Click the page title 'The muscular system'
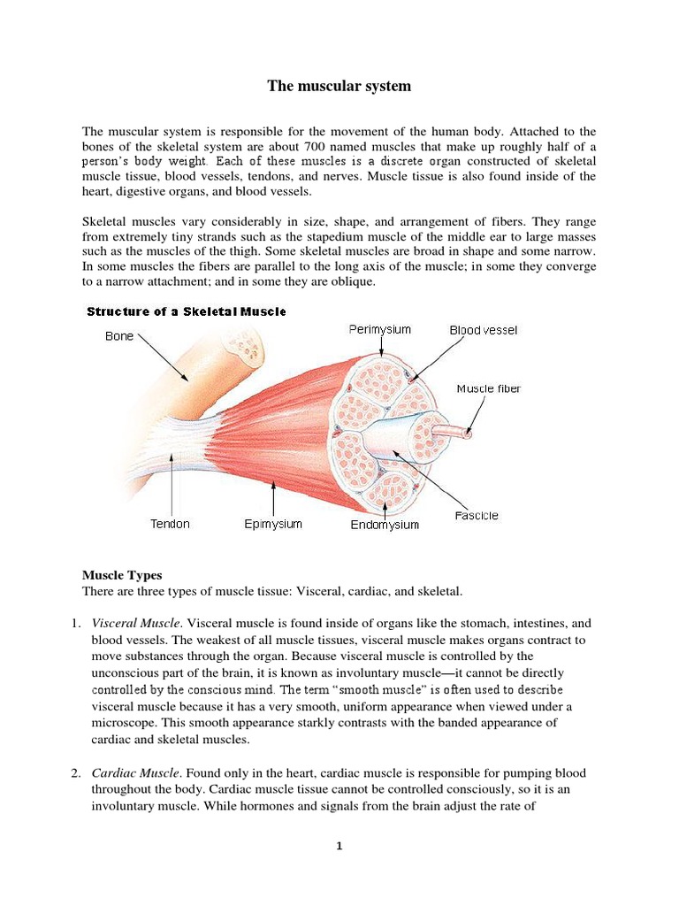click(x=339, y=86)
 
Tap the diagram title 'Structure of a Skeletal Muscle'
click(x=186, y=311)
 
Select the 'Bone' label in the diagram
click(x=119, y=336)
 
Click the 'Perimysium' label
click(x=379, y=329)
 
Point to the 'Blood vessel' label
click(x=484, y=330)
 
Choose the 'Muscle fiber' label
click(x=488, y=388)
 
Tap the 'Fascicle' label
click(x=477, y=515)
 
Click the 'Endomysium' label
click(x=385, y=525)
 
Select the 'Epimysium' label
click(x=273, y=524)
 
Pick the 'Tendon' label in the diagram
click(x=170, y=524)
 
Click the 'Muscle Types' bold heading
click(x=122, y=575)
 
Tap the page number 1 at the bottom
click(x=339, y=846)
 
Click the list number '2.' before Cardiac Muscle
click(x=76, y=773)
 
